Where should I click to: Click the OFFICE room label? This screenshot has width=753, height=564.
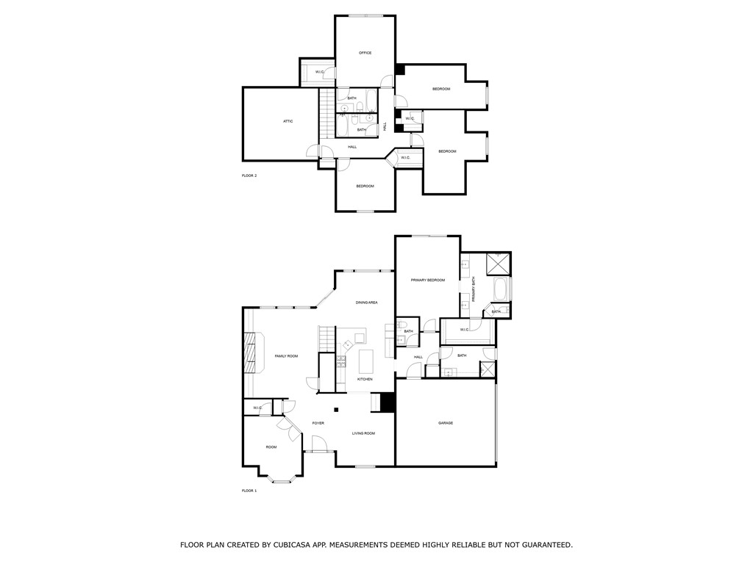click(x=365, y=53)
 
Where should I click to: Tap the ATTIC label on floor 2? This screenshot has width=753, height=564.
click(x=288, y=121)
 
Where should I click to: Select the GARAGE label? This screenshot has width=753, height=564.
click(x=446, y=423)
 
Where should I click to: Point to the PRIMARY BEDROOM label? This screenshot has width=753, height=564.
click(x=428, y=280)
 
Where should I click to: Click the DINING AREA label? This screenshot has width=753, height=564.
click(x=367, y=303)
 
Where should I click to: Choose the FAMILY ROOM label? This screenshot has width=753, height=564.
click(x=286, y=356)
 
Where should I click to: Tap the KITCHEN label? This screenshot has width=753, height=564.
click(x=365, y=379)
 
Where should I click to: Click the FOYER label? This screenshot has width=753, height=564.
click(x=318, y=423)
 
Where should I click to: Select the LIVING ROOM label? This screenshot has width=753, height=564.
click(x=363, y=433)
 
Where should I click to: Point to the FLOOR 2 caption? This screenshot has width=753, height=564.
click(x=249, y=176)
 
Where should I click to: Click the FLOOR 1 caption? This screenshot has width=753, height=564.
click(x=249, y=490)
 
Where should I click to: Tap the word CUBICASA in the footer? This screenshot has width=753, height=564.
click(x=291, y=545)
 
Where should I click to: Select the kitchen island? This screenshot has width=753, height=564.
click(x=366, y=361)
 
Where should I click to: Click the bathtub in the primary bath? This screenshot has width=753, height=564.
click(x=501, y=289)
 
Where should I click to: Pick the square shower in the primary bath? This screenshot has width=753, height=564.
click(x=499, y=262)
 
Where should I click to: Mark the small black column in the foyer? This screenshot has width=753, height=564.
click(x=336, y=410)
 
